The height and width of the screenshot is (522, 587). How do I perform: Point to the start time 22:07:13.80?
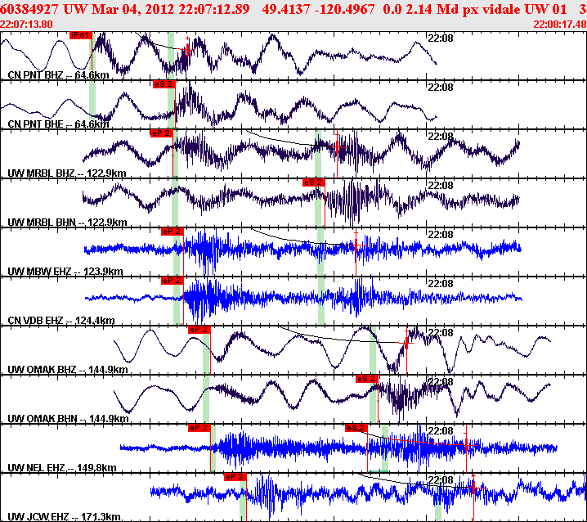pyautogui.click(x=27, y=24)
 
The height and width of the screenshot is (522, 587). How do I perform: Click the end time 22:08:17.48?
pyautogui.click(x=559, y=24)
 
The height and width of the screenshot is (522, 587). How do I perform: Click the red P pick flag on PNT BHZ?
pyautogui.click(x=81, y=35)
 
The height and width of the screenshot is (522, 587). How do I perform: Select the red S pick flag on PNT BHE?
pyautogui.click(x=164, y=83)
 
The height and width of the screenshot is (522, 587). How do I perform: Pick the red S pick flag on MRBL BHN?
pyautogui.click(x=314, y=182)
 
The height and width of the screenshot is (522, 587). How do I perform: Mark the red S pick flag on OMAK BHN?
pyautogui.click(x=367, y=378)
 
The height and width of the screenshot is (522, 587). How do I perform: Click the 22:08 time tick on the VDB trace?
pyautogui.click(x=441, y=283)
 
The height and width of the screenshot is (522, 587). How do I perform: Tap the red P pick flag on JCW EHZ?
pyautogui.click(x=235, y=476)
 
